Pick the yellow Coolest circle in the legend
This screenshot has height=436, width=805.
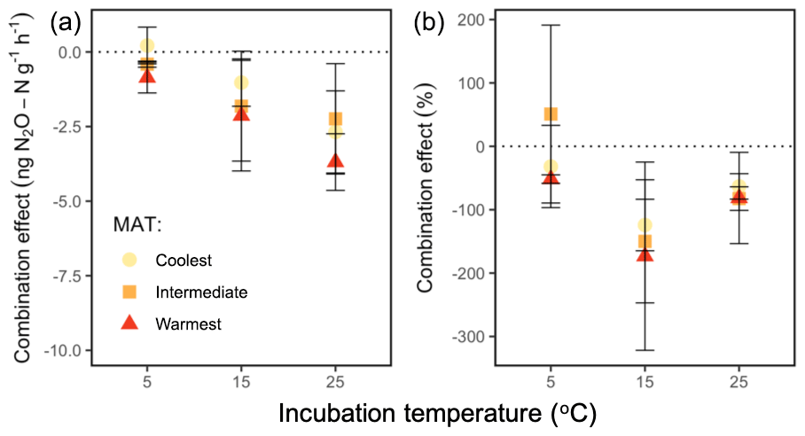(129, 260)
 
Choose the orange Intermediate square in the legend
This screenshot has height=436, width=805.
(129, 292)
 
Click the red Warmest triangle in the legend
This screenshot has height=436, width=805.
(129, 323)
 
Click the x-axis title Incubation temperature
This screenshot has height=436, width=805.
(436, 413)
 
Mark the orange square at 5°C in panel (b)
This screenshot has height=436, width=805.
(551, 114)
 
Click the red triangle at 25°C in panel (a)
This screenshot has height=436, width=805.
(335, 161)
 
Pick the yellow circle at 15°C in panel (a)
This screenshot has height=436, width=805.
(241, 83)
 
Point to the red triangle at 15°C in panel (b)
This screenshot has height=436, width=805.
(645, 254)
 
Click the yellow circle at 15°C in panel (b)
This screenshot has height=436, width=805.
(645, 225)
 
